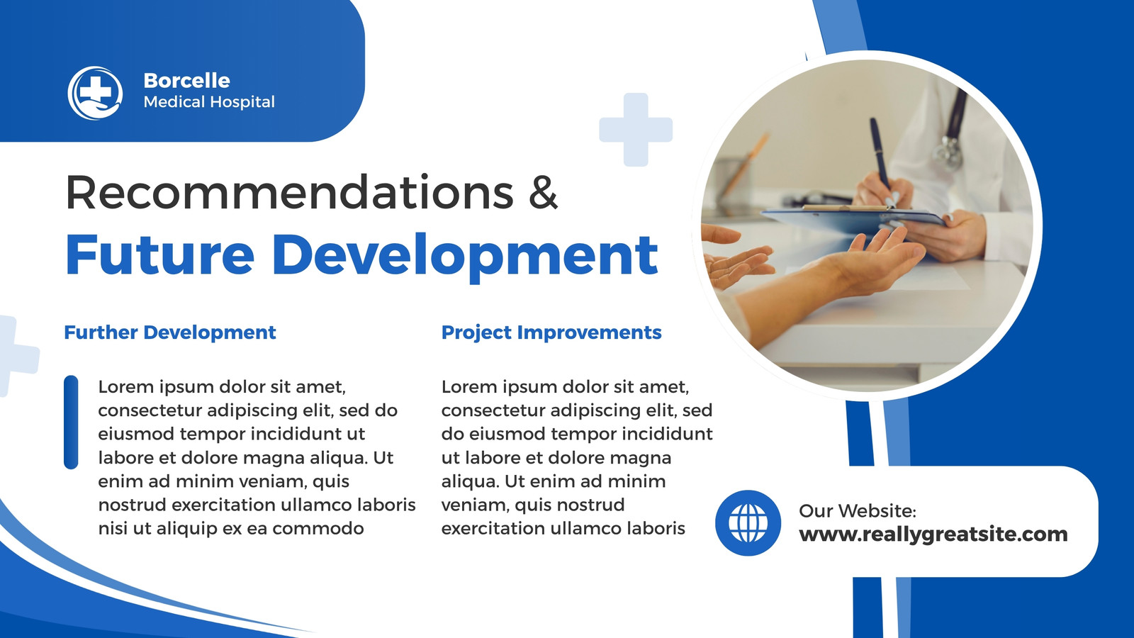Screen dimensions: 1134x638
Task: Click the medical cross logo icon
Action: [x=95, y=93]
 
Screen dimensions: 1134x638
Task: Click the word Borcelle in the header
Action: [x=187, y=81]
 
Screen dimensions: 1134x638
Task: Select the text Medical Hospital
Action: [x=209, y=102]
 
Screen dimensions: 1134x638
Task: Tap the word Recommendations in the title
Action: [x=290, y=192]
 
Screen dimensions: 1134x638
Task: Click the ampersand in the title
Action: [x=543, y=192]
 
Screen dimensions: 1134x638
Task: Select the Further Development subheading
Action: [x=170, y=332]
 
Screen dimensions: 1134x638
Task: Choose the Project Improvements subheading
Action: [x=551, y=332]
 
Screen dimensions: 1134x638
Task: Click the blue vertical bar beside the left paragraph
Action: [x=71, y=422]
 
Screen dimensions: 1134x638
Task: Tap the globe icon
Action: [x=748, y=523]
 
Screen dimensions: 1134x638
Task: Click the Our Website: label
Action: [x=858, y=511]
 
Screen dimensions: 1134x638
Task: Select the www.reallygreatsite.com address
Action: [x=933, y=535]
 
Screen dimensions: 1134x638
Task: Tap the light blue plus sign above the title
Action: [x=636, y=130]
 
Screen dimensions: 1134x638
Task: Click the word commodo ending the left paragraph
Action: [x=318, y=529]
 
